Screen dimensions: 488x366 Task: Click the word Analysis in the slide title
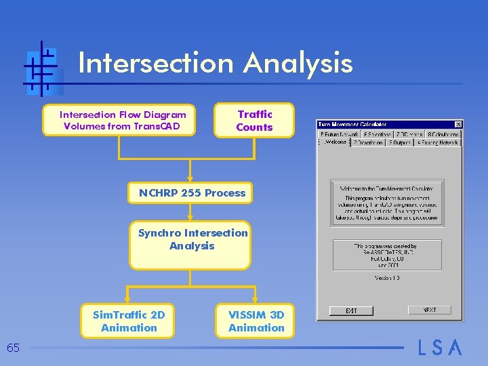point(298,63)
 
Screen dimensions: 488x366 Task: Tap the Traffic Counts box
point(254,121)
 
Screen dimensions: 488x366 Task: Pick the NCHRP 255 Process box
point(192,193)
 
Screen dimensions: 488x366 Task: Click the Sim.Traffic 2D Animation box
point(128,321)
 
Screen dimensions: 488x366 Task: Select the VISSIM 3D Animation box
point(256,321)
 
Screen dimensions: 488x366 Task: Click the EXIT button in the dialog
point(351,310)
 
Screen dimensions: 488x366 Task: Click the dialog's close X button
point(458,124)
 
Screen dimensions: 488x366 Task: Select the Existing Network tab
point(438,143)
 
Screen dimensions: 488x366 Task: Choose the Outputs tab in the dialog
point(399,143)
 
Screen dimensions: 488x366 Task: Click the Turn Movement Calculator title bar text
point(353,124)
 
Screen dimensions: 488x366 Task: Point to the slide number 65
point(13,348)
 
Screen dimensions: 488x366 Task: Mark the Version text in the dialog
point(388,277)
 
